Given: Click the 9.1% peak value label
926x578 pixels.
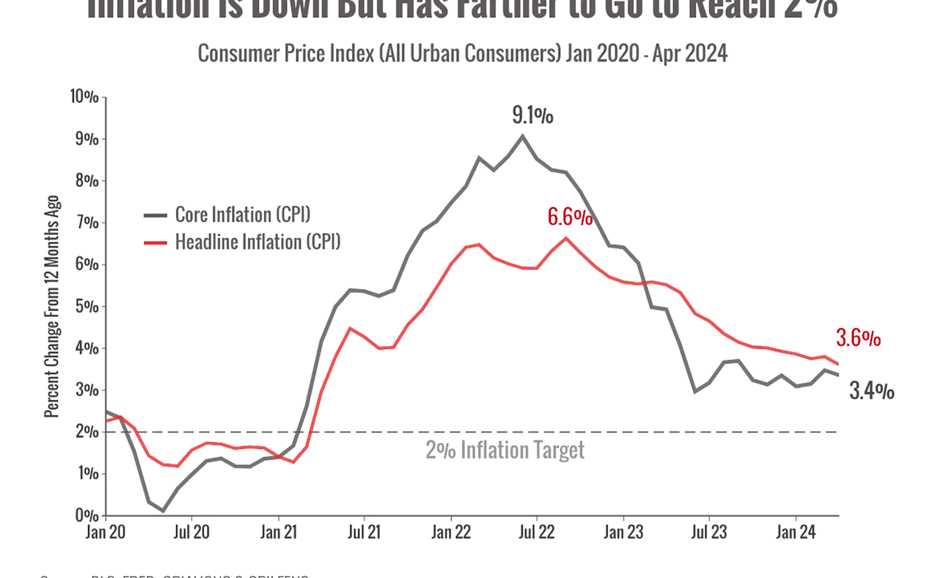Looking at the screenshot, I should pos(532,117).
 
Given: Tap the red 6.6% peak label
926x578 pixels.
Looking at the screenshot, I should pos(569,217).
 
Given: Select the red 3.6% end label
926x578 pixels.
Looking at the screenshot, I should pos(859,339).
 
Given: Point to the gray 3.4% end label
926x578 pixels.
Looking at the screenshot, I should pos(871,392).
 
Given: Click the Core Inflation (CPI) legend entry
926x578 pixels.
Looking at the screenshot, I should pos(242,215).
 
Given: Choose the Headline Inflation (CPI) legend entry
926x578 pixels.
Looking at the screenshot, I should pos(258,242).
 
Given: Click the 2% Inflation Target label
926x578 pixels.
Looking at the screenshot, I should pos(505,450).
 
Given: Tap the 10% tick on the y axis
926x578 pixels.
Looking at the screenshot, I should pos(83,97).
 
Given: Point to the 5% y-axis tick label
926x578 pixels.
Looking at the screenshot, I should pos(87,306).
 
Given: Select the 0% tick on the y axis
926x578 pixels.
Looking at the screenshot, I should pos(87,515).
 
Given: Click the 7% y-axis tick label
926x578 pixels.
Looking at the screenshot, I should pos(87,223).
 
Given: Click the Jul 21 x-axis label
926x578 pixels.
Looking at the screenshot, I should pos(364,532).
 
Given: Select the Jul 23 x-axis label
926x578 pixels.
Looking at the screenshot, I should pos(709,532).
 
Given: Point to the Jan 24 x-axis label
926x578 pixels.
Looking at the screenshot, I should pos(794,532).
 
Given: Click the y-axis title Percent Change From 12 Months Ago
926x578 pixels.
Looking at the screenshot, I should pos(52,306).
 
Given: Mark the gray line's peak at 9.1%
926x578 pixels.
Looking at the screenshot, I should pos(523,136).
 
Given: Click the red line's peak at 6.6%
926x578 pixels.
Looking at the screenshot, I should pos(566,237).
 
